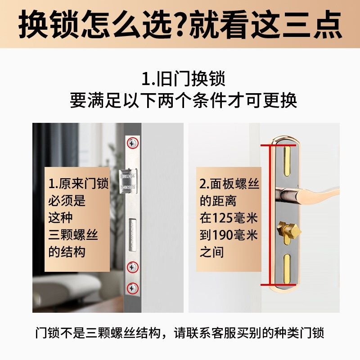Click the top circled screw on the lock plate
tap(133, 143)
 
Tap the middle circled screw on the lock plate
tap(133, 267)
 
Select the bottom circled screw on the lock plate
tap(133, 288)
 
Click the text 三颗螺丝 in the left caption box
tap(73, 235)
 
